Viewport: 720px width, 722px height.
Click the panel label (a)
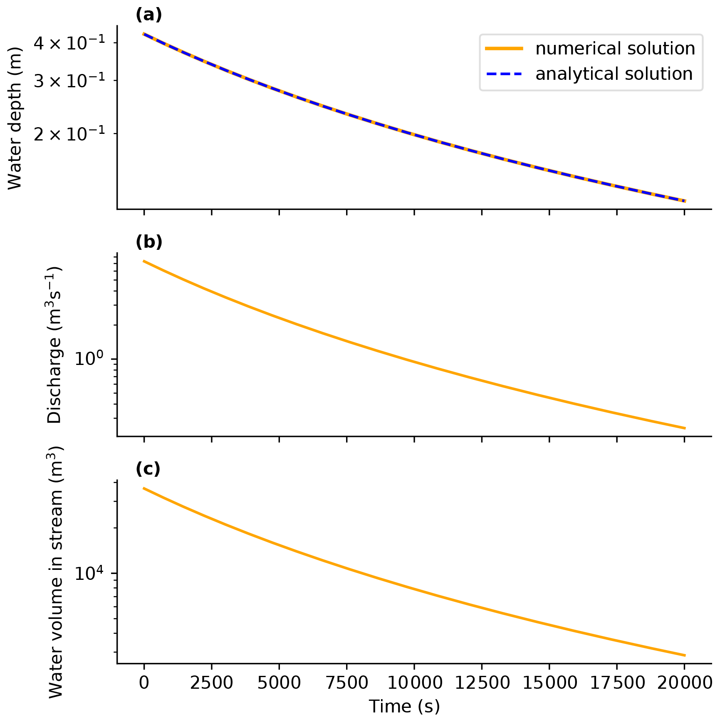pos(148,15)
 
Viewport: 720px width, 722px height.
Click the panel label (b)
pos(148,242)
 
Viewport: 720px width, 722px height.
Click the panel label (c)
pos(148,469)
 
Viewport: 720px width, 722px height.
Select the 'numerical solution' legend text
pos(615,49)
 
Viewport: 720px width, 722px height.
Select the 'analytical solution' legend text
pos(614,74)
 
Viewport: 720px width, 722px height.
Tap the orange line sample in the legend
pos(504,49)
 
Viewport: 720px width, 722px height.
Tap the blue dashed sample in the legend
pos(504,74)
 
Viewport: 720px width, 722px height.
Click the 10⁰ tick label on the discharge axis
pos(89,358)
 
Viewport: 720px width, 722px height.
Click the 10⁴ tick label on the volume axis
pos(89,573)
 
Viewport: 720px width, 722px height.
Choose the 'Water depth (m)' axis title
pos(15,118)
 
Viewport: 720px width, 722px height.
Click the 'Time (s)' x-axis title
pos(404,706)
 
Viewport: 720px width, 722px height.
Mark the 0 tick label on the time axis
pos(144,683)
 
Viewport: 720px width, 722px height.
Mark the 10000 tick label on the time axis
pos(414,683)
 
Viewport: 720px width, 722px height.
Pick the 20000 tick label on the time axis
pos(684,683)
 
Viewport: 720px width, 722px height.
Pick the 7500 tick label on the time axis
pos(346,683)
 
